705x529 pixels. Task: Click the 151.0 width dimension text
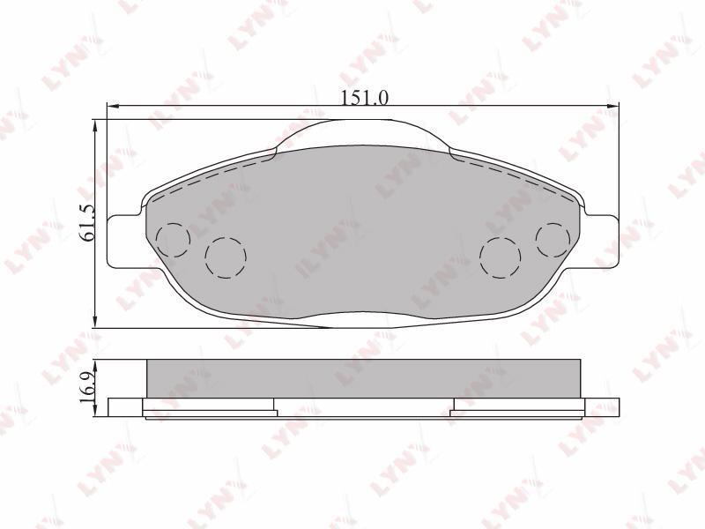coord(365,98)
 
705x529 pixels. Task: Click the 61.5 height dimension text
coord(87,223)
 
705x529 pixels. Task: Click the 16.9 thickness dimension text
coord(87,388)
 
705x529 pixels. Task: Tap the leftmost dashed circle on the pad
coord(174,240)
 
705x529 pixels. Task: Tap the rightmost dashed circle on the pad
coord(553,240)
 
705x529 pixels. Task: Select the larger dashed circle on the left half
coord(226,257)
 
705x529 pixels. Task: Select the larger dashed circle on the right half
coord(501,257)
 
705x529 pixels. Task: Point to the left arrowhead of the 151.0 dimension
coord(112,106)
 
